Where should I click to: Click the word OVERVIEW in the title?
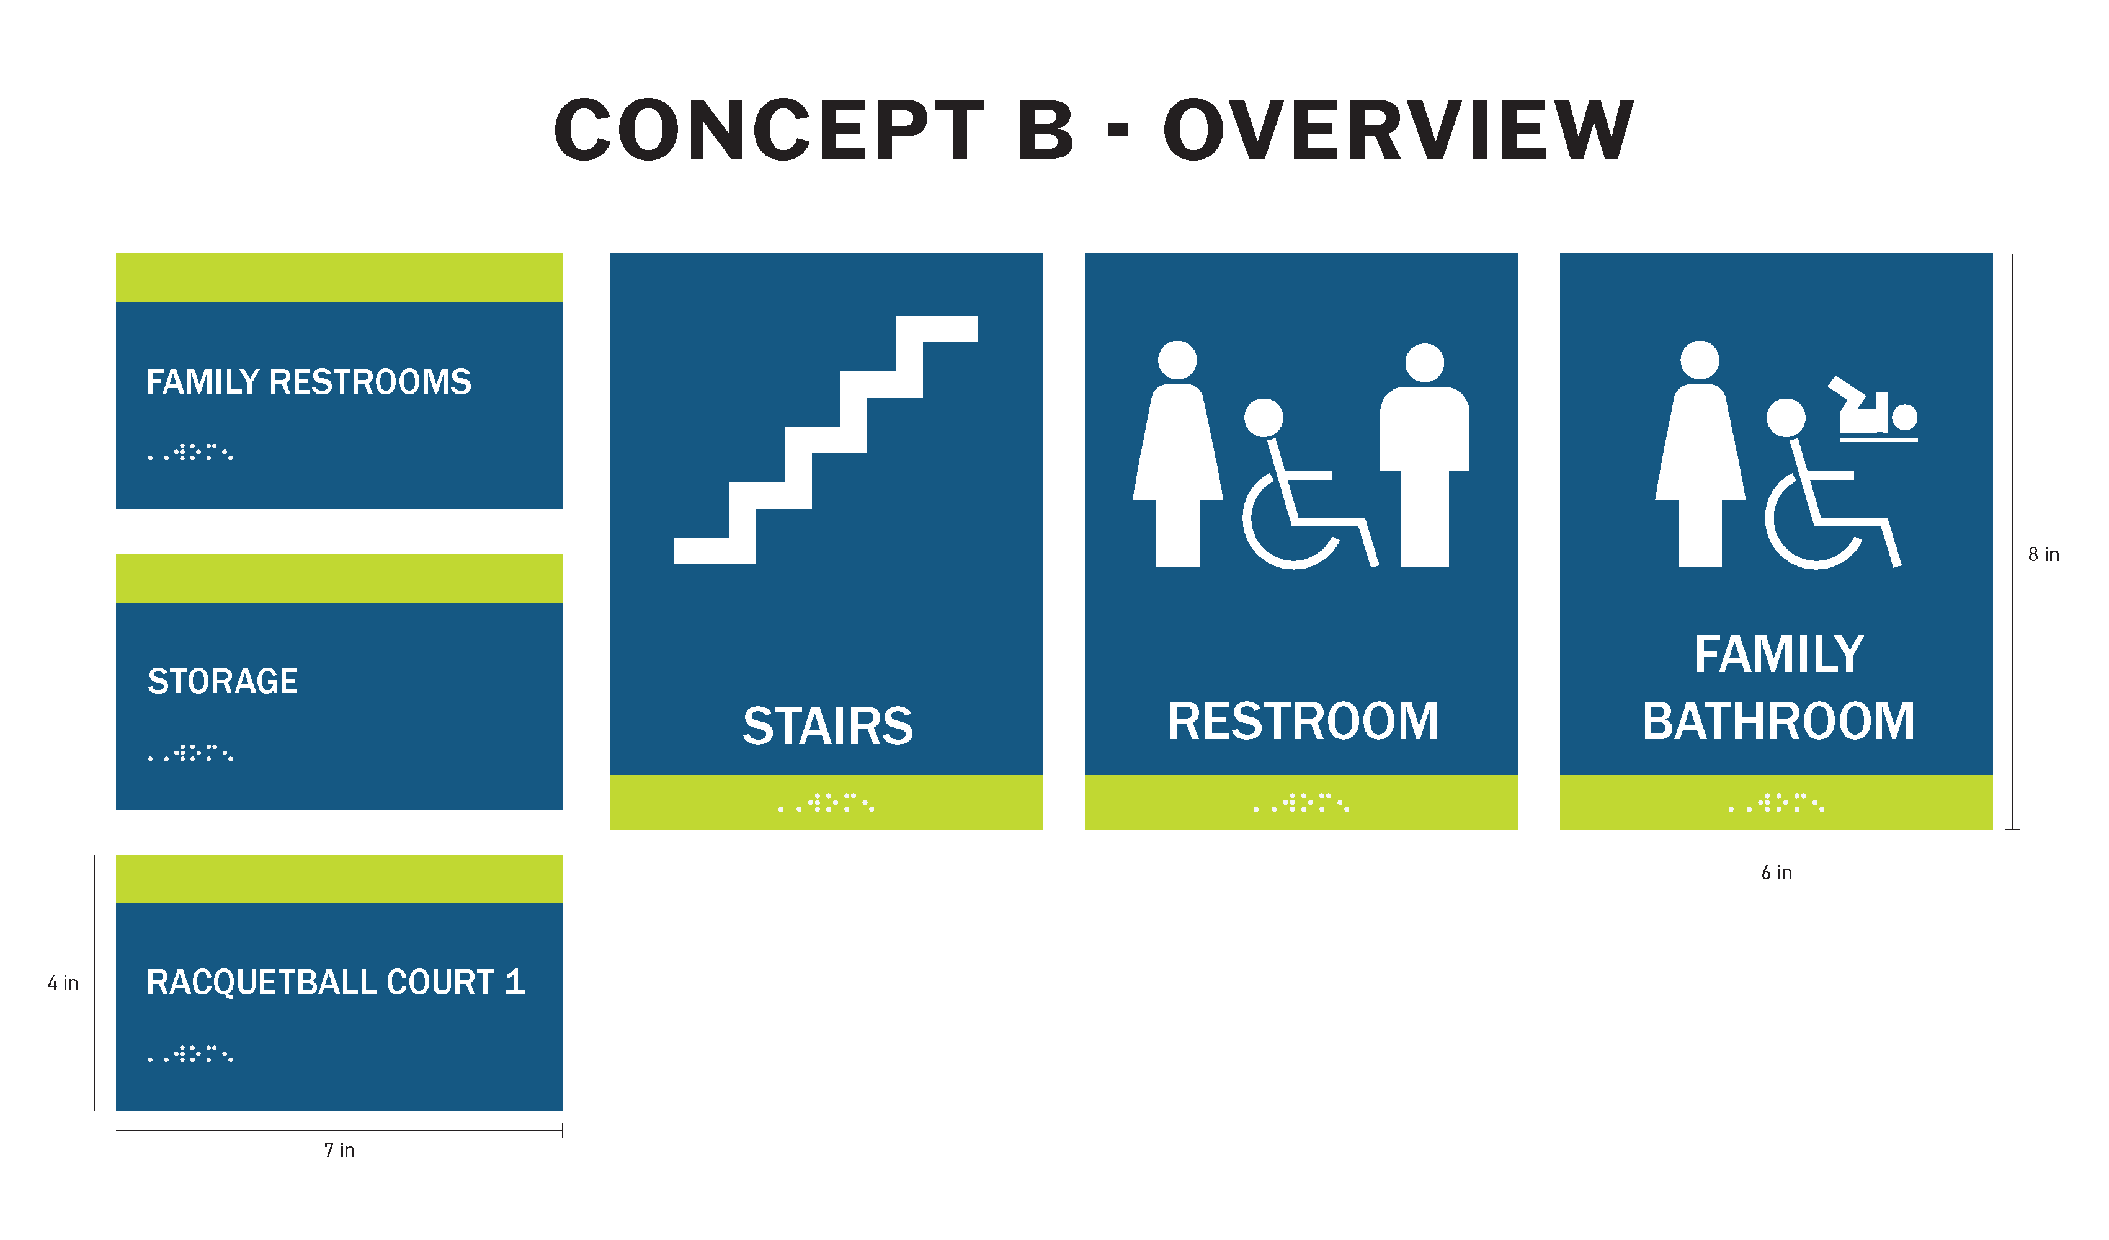click(x=1398, y=130)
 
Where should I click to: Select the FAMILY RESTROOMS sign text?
click(x=309, y=383)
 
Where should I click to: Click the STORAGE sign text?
click(x=223, y=682)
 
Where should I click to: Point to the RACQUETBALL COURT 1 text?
click(x=336, y=982)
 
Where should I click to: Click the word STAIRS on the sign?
click(x=827, y=725)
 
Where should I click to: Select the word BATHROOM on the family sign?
click(x=1778, y=721)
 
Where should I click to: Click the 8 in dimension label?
click(x=2043, y=555)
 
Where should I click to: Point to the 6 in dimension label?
click(x=1776, y=873)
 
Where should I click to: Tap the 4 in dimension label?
click(x=63, y=983)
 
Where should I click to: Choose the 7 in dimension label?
click(x=339, y=1151)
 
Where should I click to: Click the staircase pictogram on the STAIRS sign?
click(x=826, y=440)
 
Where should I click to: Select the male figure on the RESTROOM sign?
click(x=1424, y=456)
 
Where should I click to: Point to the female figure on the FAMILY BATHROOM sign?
click(x=1700, y=456)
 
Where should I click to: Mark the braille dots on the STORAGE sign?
click(x=191, y=753)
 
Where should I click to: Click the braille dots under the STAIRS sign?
click(x=826, y=804)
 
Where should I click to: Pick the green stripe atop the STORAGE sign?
click(x=339, y=578)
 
